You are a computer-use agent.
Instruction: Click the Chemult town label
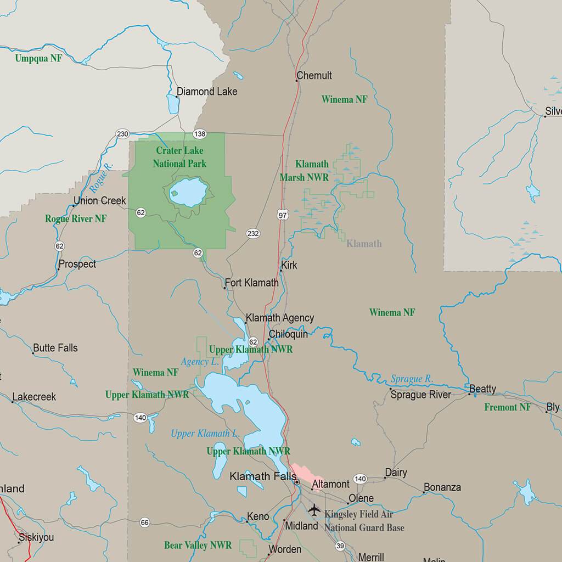314,76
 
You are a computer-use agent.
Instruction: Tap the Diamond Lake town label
207,92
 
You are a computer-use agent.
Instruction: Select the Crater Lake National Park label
179,157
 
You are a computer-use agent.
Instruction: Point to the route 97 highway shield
283,215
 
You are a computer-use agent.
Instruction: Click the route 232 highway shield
253,234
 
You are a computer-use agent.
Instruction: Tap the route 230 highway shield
122,134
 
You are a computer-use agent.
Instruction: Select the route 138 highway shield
200,134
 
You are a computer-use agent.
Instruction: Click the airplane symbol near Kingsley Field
314,510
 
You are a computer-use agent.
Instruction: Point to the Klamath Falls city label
263,476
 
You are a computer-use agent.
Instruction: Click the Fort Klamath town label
251,283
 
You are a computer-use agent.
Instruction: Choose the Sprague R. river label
412,379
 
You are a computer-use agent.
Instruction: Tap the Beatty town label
482,389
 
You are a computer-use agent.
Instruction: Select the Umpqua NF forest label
38,58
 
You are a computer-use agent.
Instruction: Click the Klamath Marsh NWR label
304,171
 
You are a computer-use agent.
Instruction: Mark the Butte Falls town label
55,348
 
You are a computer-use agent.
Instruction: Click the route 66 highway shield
144,522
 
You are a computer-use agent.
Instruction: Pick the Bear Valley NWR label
198,546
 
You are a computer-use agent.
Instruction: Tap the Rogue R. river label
102,177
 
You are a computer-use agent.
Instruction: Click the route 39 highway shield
340,546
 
